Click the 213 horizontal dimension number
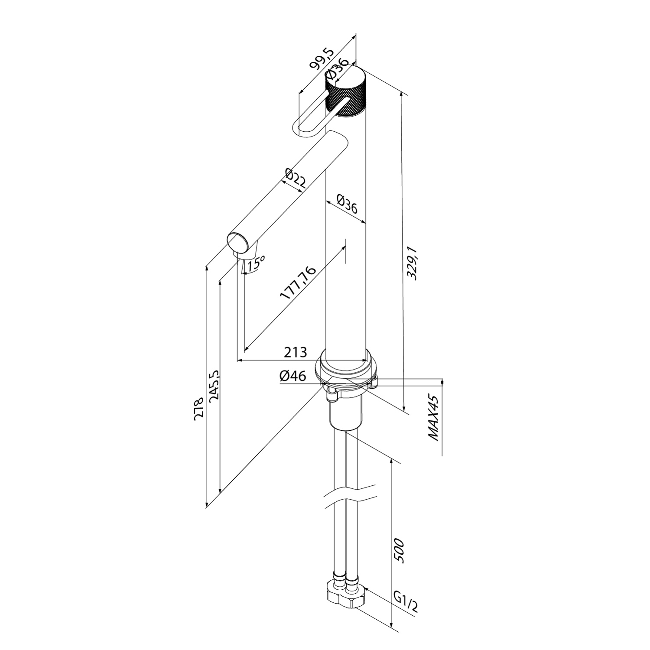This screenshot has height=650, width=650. click(x=295, y=352)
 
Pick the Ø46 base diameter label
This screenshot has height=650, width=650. click(x=292, y=376)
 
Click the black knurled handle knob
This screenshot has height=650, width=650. click(x=347, y=92)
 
